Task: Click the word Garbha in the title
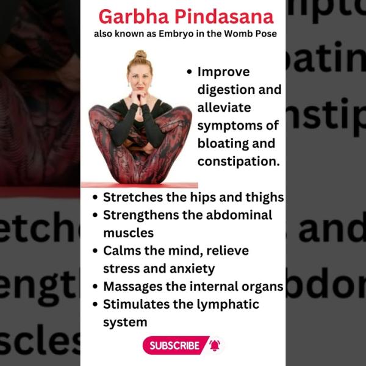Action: pos(134,16)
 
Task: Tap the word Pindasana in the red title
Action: pos(224,16)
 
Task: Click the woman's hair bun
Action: pos(140,55)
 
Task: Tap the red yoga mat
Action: pos(139,185)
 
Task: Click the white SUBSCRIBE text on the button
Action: pos(174,345)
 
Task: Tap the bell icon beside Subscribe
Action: pos(215,345)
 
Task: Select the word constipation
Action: pos(239,162)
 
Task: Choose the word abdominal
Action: pos(239,215)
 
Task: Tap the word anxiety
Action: pos(192,269)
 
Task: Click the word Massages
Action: pos(133,287)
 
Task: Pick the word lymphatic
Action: pos(228,305)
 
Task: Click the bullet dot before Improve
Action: pos(189,72)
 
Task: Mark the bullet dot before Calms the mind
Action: pos(95,251)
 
